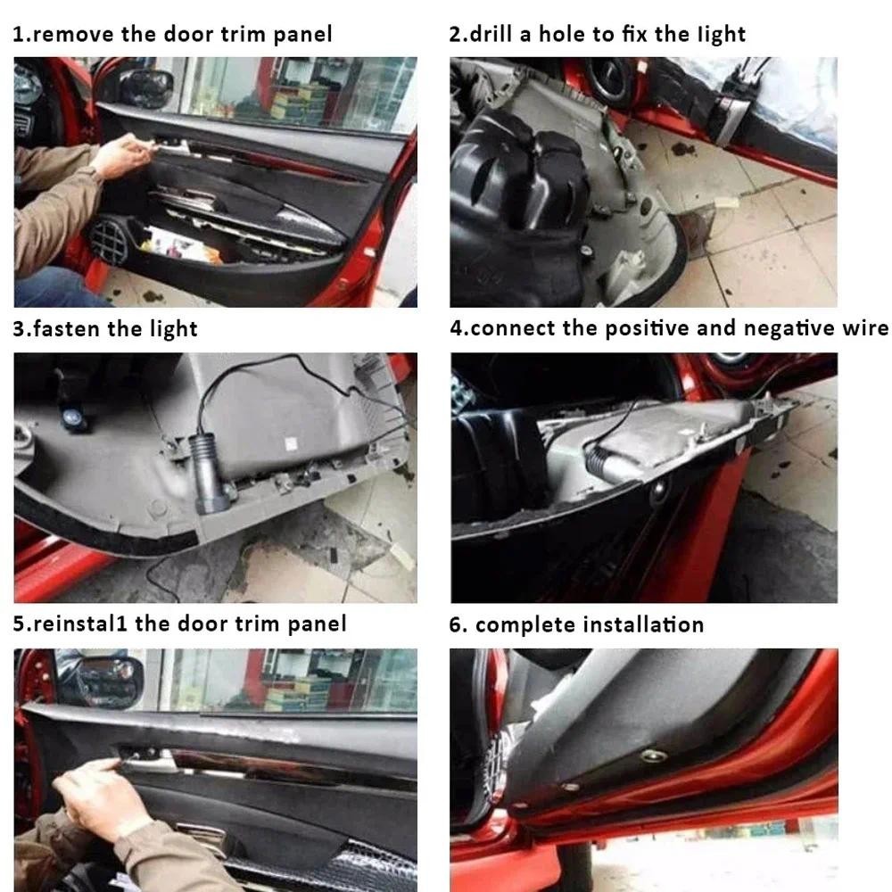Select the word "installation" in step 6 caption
[642, 624]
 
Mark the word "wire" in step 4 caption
[865, 328]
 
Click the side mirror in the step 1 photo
[145, 87]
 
